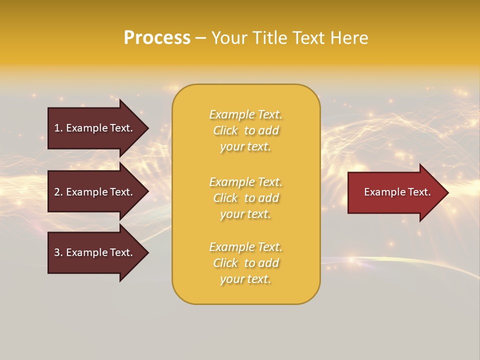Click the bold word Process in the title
pos(157,38)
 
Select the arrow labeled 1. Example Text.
pos(95,128)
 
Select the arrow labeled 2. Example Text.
pos(95,192)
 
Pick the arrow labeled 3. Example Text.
pos(95,252)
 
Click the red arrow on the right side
pos(395,192)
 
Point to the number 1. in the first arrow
pos(58,128)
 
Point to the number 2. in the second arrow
pos(58,192)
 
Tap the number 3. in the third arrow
pos(58,252)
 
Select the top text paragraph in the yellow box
pos(245,130)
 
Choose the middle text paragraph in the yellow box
pos(245,198)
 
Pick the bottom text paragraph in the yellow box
pos(245,263)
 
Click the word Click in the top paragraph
pos(225,130)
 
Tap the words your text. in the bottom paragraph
pos(245,279)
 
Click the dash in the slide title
pos(200,38)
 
